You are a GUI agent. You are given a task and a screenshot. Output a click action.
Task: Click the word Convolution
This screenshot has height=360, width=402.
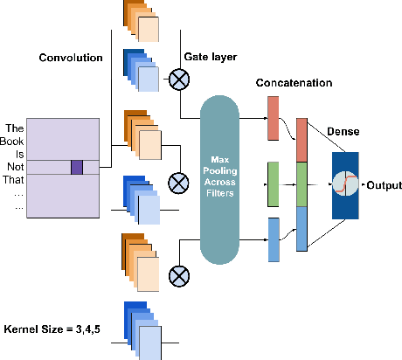[71, 58]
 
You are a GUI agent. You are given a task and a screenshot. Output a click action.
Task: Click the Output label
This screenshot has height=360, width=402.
[384, 185]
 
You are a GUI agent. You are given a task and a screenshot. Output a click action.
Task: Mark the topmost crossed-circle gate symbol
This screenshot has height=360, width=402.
[178, 81]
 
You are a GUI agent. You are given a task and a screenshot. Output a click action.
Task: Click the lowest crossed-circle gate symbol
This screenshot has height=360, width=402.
[178, 276]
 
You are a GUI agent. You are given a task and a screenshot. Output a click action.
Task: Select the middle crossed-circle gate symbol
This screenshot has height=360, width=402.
[178, 183]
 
